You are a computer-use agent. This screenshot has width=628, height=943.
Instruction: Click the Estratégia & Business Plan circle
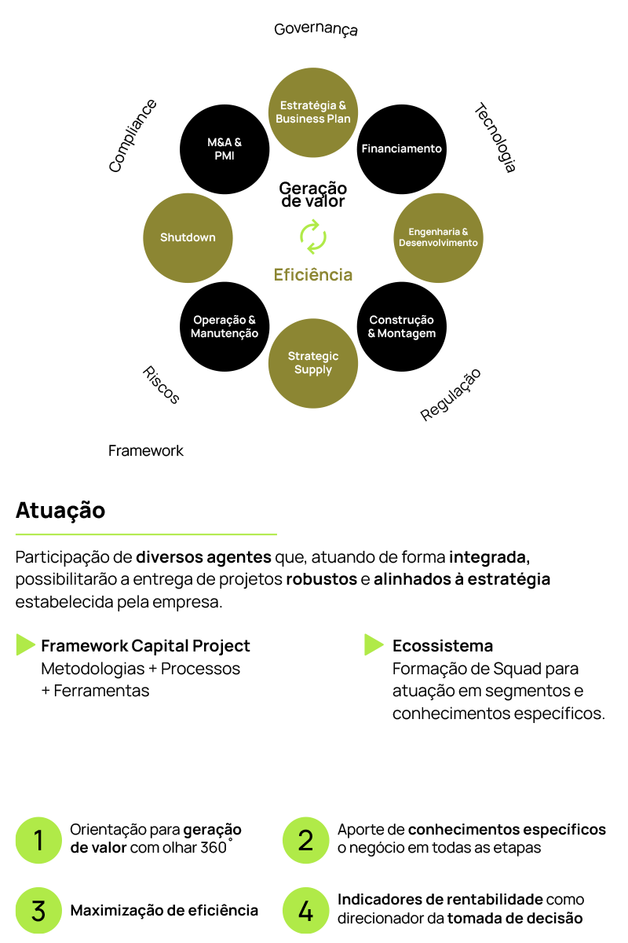point(313,112)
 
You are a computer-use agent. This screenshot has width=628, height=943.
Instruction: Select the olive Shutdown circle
point(188,237)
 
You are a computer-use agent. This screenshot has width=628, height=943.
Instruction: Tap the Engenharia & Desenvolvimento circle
point(437,237)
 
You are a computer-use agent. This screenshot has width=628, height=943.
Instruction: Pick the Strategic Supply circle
point(313,363)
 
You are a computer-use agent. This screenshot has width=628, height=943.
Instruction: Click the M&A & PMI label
point(225,149)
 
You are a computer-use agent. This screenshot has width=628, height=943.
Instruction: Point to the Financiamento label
point(401,149)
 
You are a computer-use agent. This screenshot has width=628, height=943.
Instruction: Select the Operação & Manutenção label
point(225,326)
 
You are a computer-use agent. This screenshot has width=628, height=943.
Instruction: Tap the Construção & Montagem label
point(401,326)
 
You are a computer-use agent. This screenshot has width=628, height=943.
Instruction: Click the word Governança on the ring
point(316,30)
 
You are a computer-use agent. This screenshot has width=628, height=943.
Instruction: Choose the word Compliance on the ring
point(133,135)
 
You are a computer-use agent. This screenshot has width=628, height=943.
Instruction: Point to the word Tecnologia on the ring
point(496,138)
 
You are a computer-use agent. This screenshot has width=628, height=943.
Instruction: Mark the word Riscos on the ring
point(161,384)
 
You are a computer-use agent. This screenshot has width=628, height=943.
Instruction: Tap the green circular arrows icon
point(313,237)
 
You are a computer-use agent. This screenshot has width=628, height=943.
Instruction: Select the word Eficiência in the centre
point(313,275)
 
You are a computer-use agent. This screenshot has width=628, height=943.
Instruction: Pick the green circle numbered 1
point(38,840)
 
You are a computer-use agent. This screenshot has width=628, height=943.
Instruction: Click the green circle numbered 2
point(305,840)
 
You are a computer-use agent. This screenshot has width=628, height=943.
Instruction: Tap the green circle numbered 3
point(38,911)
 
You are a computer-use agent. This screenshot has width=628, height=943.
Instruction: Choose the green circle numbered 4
point(305,911)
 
